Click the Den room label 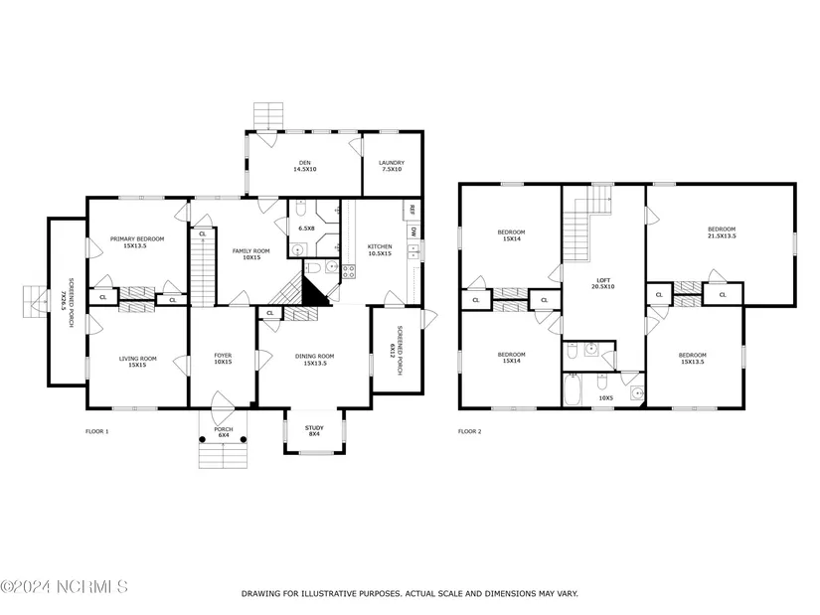[304, 166]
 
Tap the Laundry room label [392, 166]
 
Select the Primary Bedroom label [137, 242]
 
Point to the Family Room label [251, 254]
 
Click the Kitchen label [380, 250]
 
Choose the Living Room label [137, 362]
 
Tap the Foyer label [223, 359]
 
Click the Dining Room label [315, 360]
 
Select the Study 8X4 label [314, 431]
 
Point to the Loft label [603, 283]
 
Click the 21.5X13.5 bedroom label [722, 232]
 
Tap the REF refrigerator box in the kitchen [411, 210]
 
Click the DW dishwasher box [413, 231]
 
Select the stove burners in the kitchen [349, 271]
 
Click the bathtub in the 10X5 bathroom [573, 389]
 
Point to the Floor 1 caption [96, 431]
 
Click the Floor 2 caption [469, 431]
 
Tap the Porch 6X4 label [224, 432]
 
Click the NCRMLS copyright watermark [64, 586]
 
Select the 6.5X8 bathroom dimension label [306, 229]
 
